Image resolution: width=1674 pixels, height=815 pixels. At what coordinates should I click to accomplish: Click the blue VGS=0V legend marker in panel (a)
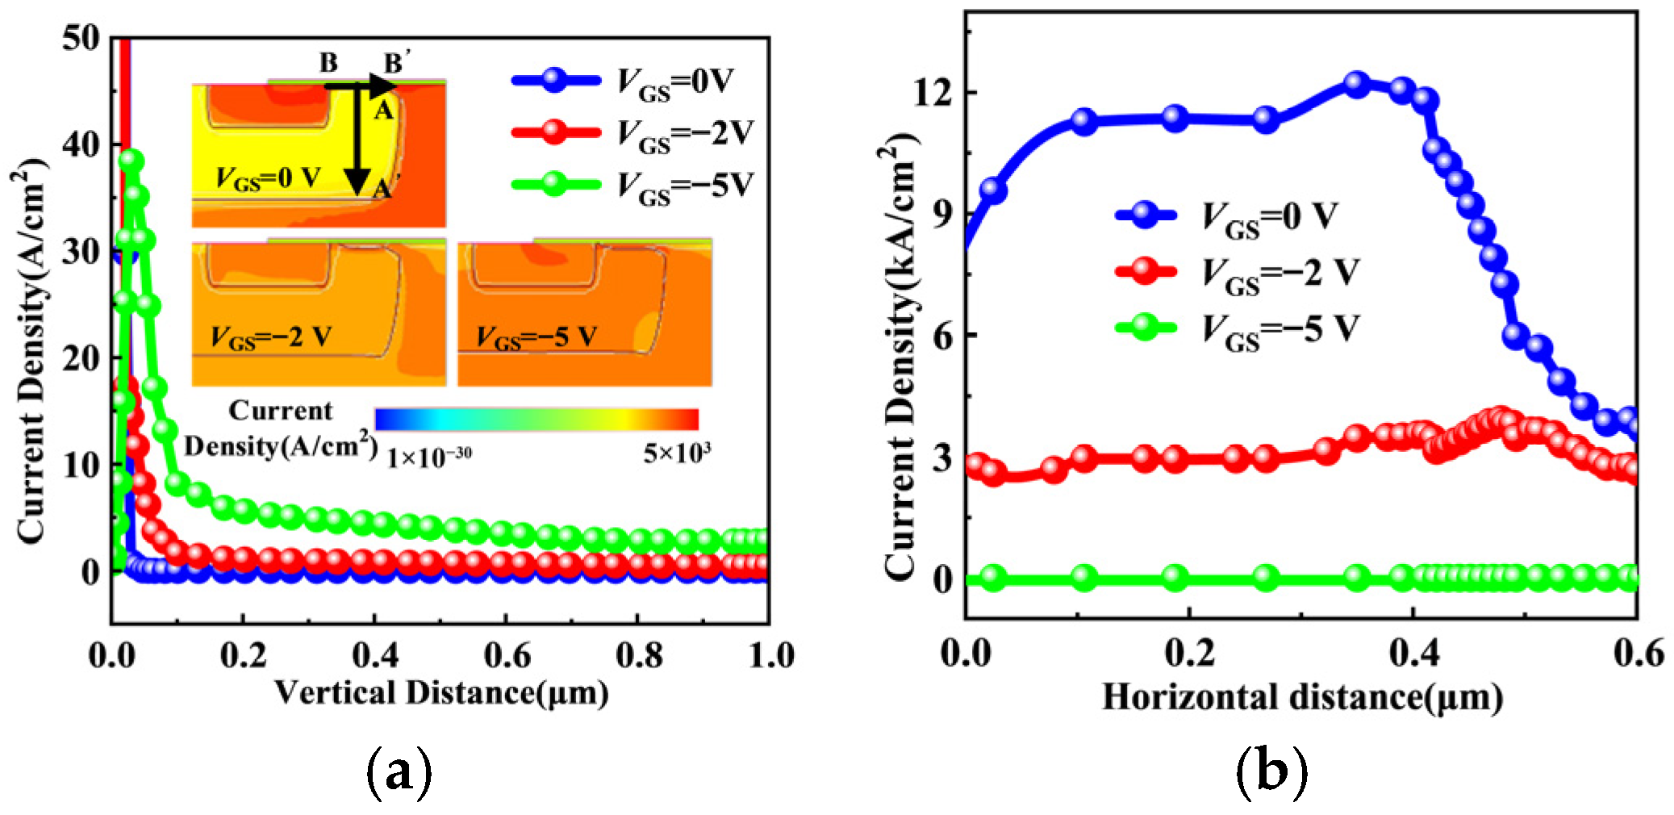coord(555,80)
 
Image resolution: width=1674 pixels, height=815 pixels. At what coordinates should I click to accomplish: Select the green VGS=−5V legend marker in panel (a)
coord(555,184)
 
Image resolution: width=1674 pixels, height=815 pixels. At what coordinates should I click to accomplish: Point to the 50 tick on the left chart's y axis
coord(81,38)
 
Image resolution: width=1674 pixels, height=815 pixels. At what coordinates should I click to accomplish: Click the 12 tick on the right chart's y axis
coord(932,93)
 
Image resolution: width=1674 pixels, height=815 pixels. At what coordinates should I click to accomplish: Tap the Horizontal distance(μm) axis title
coord(1301,697)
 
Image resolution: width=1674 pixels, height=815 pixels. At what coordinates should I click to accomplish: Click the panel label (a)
coord(399,772)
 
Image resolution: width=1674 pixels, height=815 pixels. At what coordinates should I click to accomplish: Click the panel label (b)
coord(1271,772)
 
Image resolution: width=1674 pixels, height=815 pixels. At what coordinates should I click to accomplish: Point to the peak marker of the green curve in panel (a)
coord(131,161)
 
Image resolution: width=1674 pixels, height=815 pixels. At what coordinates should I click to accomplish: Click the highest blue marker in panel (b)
coord(1356,84)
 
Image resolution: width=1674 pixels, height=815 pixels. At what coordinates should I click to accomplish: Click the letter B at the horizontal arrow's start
coord(328,63)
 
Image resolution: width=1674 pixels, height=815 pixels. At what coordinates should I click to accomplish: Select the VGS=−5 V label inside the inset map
coord(536,336)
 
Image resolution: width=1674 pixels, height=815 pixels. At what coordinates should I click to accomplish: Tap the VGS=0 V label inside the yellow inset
coord(267,178)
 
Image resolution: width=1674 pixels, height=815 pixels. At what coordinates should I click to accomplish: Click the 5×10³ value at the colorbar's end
coord(677,454)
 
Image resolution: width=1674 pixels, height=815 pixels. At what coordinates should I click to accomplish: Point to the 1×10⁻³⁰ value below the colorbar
coord(428,458)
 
